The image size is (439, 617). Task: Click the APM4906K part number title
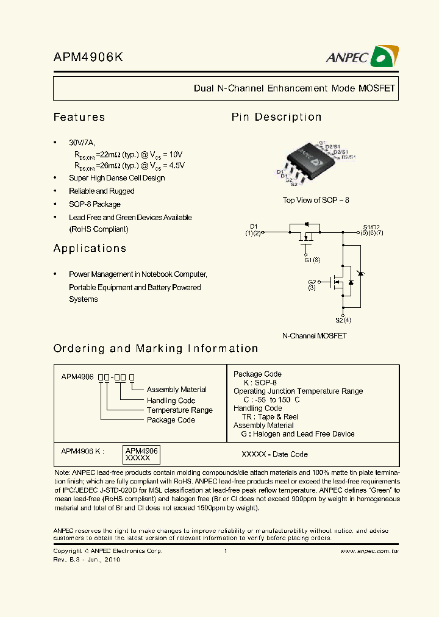(88, 57)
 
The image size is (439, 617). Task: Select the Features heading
(79, 117)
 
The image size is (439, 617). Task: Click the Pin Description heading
(276, 117)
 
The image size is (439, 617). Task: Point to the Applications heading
(90, 248)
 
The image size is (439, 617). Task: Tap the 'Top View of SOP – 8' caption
(316, 201)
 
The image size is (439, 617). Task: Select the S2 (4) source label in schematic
(343, 320)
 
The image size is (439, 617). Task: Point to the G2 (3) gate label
(312, 285)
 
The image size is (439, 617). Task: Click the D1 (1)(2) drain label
(254, 230)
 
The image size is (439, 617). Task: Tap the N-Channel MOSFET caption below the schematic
(314, 336)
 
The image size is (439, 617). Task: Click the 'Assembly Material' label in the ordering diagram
(176, 390)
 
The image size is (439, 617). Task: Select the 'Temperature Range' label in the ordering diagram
(179, 410)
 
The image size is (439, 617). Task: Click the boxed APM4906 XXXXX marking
(141, 454)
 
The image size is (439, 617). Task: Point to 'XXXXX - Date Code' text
(274, 454)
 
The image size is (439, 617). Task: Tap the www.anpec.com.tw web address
(368, 551)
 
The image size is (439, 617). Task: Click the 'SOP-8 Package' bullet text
(95, 204)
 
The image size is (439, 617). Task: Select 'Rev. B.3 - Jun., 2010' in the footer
(87, 559)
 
